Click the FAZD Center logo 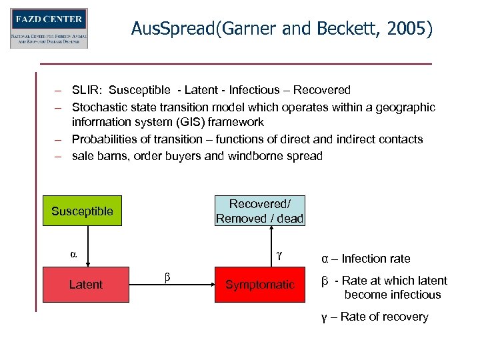click(49, 28)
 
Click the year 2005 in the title click(408, 29)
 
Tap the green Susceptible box click(82, 212)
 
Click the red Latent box click(86, 285)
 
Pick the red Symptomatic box click(259, 285)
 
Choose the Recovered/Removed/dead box click(259, 211)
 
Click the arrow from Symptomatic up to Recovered click(270, 247)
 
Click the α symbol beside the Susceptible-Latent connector click(73, 254)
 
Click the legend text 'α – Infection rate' click(365, 259)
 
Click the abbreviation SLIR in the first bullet click(87, 90)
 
